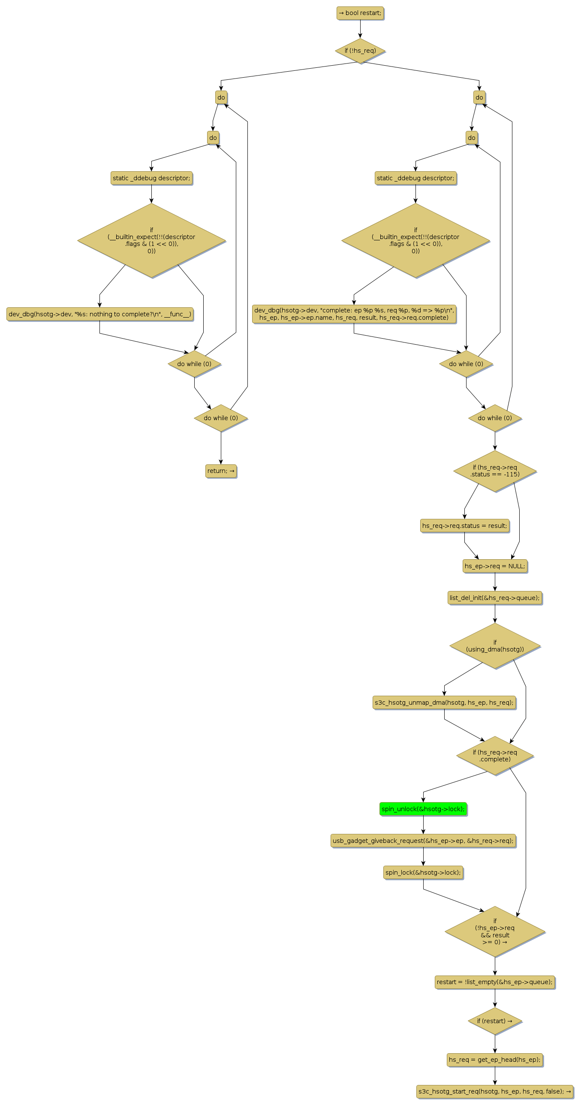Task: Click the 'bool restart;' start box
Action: pos(360,13)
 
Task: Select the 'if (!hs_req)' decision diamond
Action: pos(360,51)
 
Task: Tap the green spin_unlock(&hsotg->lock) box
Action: pos(423,809)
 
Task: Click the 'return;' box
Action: pos(221,470)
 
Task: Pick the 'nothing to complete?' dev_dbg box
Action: pos(99,314)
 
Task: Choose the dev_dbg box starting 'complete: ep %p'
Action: pos(354,314)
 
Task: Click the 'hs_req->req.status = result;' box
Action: pos(464,525)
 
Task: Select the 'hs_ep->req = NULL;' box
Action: pos(495,566)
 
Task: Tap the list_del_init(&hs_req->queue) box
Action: pos(495,598)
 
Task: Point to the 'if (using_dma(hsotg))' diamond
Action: pos(495,646)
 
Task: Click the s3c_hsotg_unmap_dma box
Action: pos(444,703)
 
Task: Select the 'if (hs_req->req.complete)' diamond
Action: pos(495,756)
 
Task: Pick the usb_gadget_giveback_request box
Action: pos(423,841)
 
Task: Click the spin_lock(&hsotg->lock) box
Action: pos(423,873)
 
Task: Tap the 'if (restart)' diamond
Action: pos(495,1021)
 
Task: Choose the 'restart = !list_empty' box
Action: pos(495,982)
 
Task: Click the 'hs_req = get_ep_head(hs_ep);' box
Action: pos(495,1060)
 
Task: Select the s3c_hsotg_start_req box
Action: pos(495,1091)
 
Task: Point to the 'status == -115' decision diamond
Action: pos(495,471)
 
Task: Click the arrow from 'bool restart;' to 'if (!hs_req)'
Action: pos(360,29)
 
